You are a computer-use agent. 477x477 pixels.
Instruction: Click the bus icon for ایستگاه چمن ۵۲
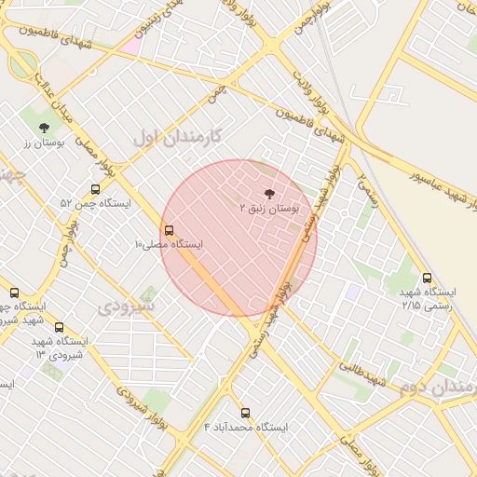click(x=95, y=188)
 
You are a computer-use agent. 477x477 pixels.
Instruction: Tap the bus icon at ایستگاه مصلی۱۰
click(x=169, y=229)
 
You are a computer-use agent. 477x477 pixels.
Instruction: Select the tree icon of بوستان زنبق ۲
click(x=270, y=194)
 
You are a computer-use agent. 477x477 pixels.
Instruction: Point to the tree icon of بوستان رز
click(x=44, y=128)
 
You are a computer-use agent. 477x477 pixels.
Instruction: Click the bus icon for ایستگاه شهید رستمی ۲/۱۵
click(x=427, y=278)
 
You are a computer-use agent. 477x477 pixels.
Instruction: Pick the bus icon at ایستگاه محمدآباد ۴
click(x=246, y=412)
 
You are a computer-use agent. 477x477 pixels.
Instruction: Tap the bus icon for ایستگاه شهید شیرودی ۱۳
click(x=60, y=327)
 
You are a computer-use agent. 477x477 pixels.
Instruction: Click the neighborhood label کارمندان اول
click(x=177, y=136)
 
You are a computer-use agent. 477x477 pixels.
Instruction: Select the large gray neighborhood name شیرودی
click(x=128, y=306)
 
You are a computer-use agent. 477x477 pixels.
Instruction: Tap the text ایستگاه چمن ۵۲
click(x=95, y=203)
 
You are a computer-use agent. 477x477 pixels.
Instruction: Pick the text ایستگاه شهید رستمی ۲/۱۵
click(x=427, y=299)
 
